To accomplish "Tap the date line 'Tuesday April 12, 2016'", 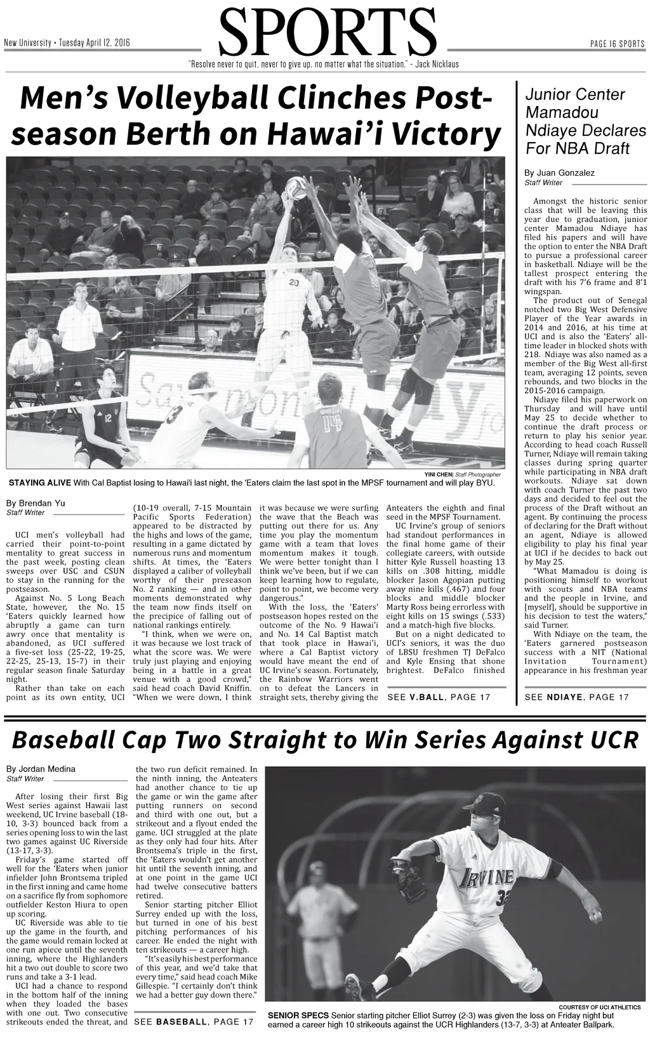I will tap(95, 43).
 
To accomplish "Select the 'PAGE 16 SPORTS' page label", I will tap(617, 44).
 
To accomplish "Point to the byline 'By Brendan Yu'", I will tap(36, 504).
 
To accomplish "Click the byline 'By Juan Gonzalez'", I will tap(559, 173).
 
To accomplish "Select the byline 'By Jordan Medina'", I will tap(41, 769).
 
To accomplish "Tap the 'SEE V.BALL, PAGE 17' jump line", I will tap(439, 697).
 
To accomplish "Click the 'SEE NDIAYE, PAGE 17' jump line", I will tap(576, 697).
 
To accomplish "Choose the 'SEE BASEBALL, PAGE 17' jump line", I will tap(194, 1022).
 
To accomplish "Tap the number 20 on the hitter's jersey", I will tap(293, 282).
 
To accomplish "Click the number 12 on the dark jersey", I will tap(108, 418).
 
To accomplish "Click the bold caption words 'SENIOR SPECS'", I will tap(298, 1016).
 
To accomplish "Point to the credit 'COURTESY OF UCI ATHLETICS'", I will tap(599, 1007).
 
